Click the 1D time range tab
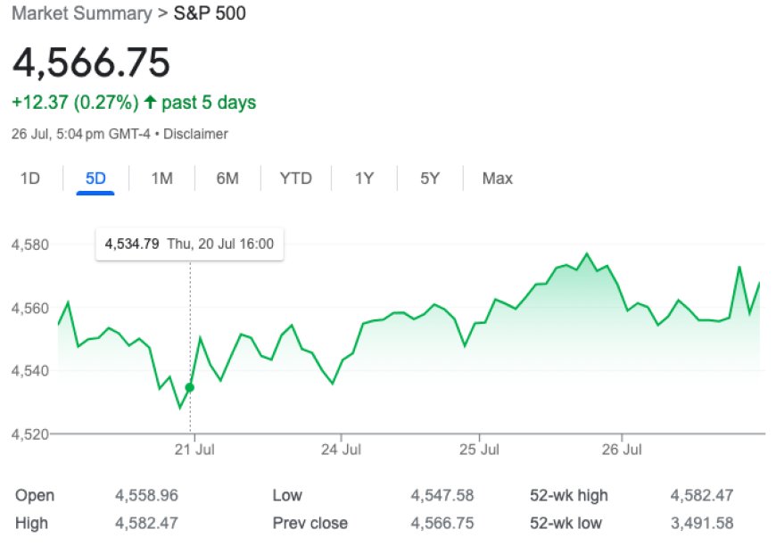30,178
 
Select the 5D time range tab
95,178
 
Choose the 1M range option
161,178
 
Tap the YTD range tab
295,178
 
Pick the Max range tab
497,178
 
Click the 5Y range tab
430,178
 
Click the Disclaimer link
197,135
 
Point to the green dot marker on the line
189,387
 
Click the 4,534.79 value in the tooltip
132,243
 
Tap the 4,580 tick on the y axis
29,244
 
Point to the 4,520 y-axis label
29,434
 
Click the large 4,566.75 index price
91,63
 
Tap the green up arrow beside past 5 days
149,103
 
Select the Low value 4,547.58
442,495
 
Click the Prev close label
310,523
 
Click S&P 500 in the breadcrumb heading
210,14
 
